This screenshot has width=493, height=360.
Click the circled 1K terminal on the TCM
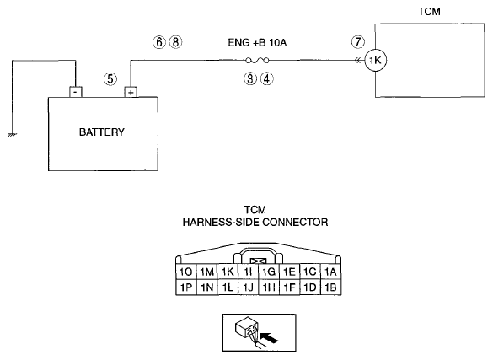(375, 60)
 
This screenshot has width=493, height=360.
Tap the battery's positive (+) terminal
(131, 92)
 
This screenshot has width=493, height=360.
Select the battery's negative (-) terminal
(76, 92)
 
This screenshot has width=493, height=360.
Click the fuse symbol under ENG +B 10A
(257, 60)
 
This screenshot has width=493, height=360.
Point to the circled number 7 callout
(358, 42)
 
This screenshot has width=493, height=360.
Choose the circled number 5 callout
(110, 78)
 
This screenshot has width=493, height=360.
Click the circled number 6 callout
(159, 42)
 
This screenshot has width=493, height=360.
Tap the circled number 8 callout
(175, 42)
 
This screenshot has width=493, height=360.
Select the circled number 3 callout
(250, 78)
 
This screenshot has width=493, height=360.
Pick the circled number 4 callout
(266, 78)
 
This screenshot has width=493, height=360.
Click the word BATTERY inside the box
(102, 132)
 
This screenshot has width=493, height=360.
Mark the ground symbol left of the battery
(12, 135)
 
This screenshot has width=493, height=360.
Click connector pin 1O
(185, 271)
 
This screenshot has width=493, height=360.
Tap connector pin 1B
(330, 287)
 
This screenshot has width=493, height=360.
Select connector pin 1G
(269, 271)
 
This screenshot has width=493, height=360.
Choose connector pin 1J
(248, 287)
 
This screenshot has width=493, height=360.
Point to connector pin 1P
(185, 287)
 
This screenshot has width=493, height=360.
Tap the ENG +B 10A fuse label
(257, 42)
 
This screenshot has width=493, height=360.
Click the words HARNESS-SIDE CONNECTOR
(255, 223)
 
